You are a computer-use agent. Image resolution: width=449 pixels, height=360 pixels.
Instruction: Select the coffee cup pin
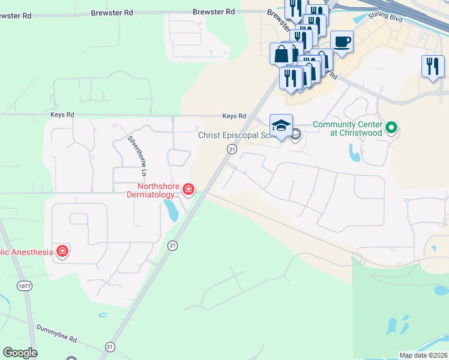[x=342, y=43]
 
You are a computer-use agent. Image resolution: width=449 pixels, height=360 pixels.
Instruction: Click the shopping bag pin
[x=282, y=55]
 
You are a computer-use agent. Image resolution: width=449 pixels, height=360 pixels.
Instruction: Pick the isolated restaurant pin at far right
[x=432, y=66]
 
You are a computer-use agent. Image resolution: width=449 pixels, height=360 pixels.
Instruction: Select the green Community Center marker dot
[x=391, y=127]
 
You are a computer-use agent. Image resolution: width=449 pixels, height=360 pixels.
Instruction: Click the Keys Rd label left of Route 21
[x=234, y=116]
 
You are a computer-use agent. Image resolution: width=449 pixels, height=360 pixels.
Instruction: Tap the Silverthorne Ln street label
[x=140, y=155]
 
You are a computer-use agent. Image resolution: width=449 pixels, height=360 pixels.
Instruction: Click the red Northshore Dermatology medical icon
[x=188, y=190]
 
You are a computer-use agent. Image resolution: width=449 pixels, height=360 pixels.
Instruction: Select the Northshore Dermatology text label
[x=152, y=190]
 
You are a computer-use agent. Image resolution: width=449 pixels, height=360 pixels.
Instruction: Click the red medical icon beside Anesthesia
[x=62, y=251]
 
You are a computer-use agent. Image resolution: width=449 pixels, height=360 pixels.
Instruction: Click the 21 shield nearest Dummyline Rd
[x=109, y=346]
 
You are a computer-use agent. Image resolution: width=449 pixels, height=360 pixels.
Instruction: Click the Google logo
[x=20, y=353]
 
